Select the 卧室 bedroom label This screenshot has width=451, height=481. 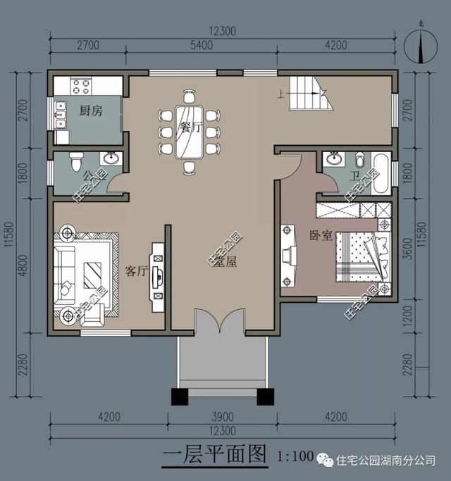click(x=321, y=236)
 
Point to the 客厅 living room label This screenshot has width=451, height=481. click(x=137, y=271)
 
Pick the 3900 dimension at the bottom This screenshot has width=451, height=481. click(x=221, y=418)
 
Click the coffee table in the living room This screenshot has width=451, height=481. click(x=92, y=272)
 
